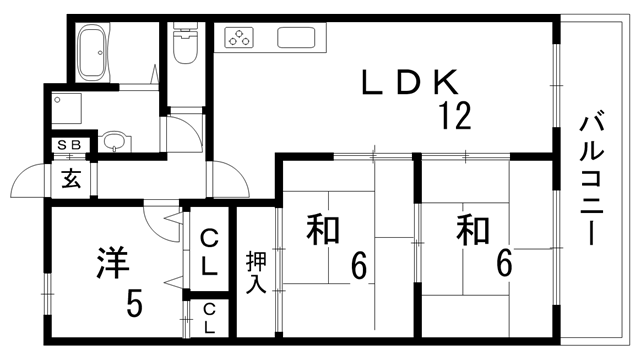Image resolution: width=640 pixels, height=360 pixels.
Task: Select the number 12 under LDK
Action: [x=452, y=118]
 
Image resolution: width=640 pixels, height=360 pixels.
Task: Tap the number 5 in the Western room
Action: [x=133, y=301]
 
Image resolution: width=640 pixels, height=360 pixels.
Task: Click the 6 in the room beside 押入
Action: [x=358, y=266]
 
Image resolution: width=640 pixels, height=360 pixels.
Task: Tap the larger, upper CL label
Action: [x=209, y=252]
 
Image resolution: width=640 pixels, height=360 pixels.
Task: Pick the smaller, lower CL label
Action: [x=209, y=317]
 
